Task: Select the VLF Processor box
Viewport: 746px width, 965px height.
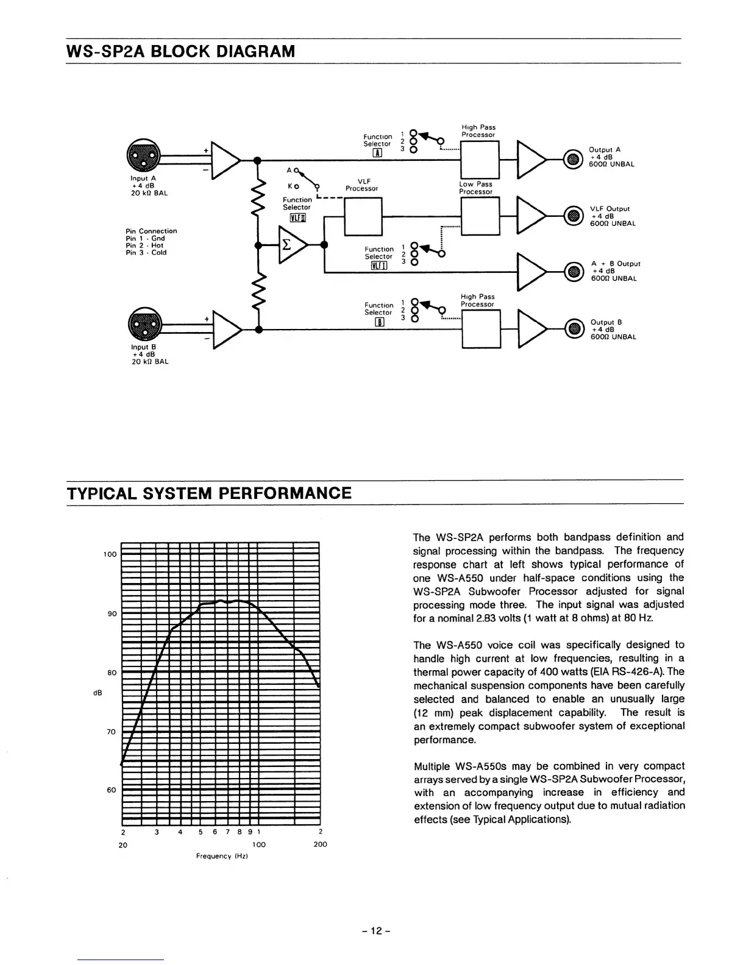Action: coord(363,216)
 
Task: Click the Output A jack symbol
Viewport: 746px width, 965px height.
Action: coord(572,159)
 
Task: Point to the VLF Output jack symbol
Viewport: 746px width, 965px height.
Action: coord(572,216)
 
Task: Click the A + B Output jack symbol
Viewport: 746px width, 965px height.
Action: coord(572,272)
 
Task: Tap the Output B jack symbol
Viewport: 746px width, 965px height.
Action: coord(572,330)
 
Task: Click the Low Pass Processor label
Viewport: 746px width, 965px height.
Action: coord(475,188)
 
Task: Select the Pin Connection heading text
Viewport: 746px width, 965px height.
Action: coord(151,231)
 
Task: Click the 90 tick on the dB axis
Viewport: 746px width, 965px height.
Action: coord(112,613)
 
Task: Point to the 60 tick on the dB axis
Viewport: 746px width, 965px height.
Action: coord(112,790)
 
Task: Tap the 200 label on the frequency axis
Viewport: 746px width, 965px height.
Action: coord(320,844)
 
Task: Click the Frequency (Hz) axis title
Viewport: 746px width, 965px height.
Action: coord(222,857)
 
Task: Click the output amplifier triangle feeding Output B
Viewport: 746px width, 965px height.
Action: coord(531,330)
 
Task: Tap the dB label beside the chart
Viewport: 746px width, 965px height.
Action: coord(97,693)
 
